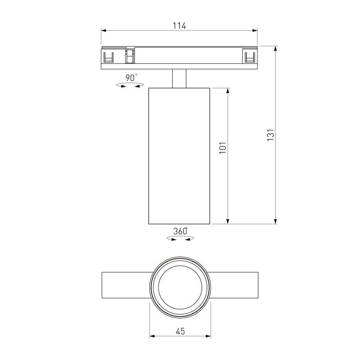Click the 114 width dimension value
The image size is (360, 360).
tap(179, 26)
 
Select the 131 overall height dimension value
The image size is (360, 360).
tap(270, 135)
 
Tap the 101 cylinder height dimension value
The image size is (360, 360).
tap(222, 148)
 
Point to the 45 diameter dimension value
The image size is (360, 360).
tap(180, 332)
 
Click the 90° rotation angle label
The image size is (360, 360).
tap(131, 78)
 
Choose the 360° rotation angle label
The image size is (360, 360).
tap(180, 232)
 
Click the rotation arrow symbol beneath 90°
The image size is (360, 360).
tap(130, 85)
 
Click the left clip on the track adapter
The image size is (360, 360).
tap(108, 57)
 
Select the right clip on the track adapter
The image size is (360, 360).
tap(249, 57)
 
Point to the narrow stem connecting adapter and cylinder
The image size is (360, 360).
tap(179, 78)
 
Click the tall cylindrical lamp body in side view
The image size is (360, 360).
tap(179, 155)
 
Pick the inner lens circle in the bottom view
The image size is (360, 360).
tap(180, 288)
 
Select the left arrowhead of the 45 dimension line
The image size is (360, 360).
tap(152, 336)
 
